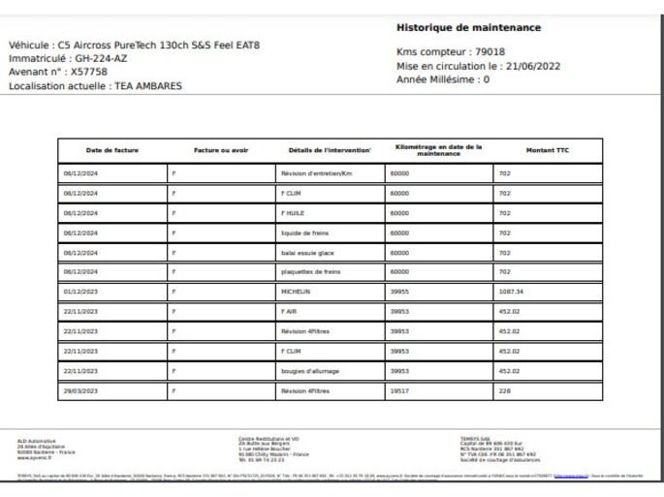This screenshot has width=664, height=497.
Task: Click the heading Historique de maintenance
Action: coord(469,27)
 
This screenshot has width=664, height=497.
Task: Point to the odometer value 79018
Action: coord(489,52)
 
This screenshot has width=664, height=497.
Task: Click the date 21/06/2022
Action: coord(532,66)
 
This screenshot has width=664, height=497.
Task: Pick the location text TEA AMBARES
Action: coord(147,85)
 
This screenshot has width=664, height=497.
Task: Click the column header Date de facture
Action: coord(112,151)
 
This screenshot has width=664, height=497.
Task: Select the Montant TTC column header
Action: coord(548,151)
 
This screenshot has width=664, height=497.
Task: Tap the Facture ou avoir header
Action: coord(221,151)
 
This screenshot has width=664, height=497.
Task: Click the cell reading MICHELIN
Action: coord(296,292)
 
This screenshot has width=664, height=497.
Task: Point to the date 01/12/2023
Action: coord(81,292)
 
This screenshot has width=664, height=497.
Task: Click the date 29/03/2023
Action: coord(81,391)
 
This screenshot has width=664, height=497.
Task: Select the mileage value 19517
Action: coord(399,391)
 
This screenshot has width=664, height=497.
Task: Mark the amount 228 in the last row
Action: coord(504,391)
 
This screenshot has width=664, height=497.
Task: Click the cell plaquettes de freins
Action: coord(310,272)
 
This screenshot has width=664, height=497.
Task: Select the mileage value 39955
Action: coord(399,292)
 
